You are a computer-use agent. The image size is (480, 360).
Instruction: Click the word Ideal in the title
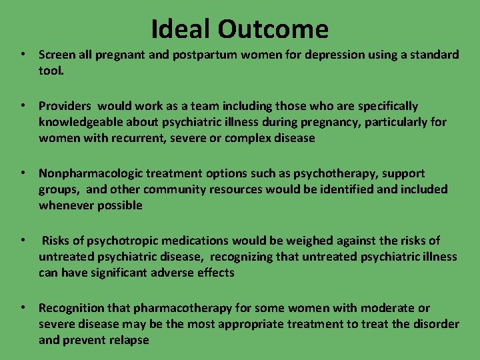click(x=181, y=29)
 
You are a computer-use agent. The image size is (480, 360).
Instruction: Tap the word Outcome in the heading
click(x=273, y=29)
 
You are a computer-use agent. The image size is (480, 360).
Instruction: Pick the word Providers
click(x=64, y=106)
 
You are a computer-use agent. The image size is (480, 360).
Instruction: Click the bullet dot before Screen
click(x=23, y=54)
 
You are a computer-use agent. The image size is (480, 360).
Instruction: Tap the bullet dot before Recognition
click(x=23, y=307)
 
